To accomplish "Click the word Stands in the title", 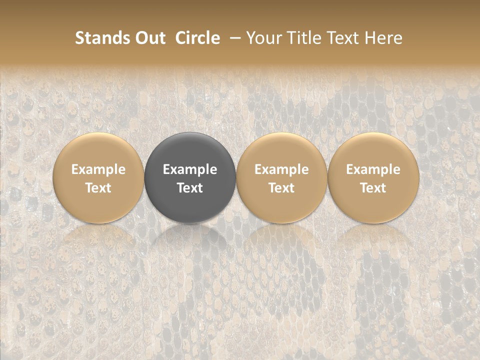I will [x=102, y=38].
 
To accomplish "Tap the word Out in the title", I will [x=149, y=38].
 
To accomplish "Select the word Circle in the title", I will [x=197, y=38].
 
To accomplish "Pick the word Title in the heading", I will [x=302, y=38].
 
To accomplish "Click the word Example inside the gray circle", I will [x=190, y=169].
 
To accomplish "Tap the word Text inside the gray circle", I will [x=190, y=188].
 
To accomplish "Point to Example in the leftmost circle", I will [x=98, y=169].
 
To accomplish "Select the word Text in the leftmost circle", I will [x=98, y=188].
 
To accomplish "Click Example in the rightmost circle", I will [x=373, y=169].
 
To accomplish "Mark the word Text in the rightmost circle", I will [x=373, y=188].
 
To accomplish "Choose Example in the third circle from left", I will [x=281, y=169].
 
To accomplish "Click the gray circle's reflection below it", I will [x=190, y=245].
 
